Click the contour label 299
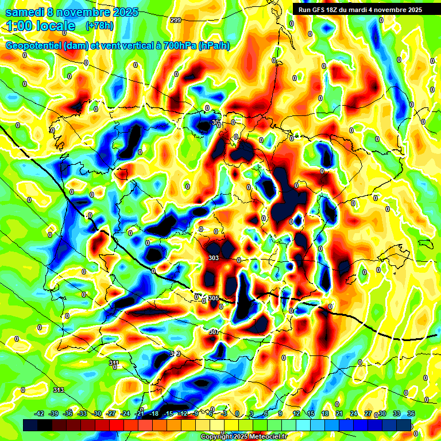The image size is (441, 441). tap(176, 20)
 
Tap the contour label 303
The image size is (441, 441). tap(214, 258)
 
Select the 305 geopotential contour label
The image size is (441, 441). tap(214, 298)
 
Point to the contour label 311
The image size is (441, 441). tap(114, 363)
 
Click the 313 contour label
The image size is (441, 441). tap(58, 390)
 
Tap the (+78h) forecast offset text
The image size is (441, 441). tap(99, 26)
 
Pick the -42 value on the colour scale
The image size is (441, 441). tap(40, 413)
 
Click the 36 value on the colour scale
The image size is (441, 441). tap(411, 413)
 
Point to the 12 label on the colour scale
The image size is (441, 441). tap(296, 413)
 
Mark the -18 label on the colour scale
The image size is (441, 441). tap(154, 413)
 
